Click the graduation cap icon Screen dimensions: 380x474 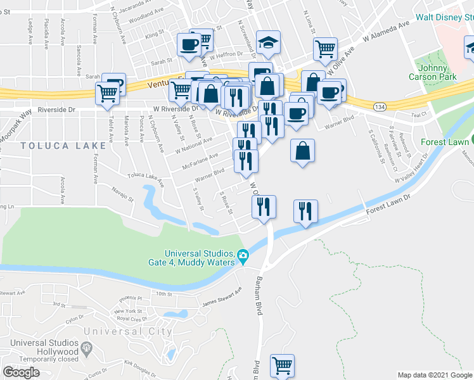point(268,43)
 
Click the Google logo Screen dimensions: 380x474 point(22,372)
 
